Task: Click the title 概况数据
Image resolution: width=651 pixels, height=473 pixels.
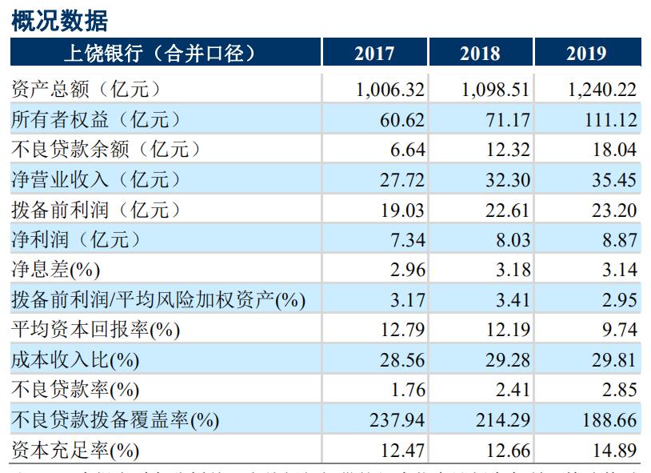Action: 59,21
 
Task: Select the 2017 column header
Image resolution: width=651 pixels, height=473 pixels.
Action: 374,54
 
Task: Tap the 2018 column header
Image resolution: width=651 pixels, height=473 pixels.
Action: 480,54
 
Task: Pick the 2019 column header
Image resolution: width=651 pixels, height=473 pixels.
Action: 586,54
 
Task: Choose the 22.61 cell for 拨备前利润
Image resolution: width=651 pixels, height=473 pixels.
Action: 508,210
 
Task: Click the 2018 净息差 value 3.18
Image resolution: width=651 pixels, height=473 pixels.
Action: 513,270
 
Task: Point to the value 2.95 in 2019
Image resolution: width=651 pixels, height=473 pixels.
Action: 619,300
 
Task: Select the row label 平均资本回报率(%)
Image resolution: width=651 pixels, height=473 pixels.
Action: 95,330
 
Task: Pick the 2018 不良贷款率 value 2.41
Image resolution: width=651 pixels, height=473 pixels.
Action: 513,390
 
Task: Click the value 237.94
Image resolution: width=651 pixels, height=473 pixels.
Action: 397,420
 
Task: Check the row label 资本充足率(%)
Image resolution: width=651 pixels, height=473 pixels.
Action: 75,451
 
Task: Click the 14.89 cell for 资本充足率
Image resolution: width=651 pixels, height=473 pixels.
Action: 614,450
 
